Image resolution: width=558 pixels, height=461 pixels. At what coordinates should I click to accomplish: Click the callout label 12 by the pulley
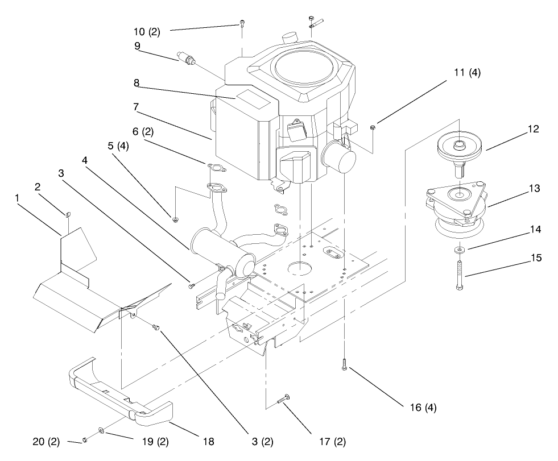click(532, 130)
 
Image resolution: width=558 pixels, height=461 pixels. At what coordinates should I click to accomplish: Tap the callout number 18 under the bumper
click(209, 441)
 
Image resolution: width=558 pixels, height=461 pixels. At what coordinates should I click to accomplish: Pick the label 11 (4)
click(467, 72)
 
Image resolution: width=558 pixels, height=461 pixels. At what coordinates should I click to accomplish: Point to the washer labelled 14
click(458, 250)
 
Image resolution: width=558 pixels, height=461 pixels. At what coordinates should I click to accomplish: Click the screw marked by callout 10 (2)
click(242, 23)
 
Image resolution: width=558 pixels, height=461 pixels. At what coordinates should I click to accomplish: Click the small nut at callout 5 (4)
click(175, 219)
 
